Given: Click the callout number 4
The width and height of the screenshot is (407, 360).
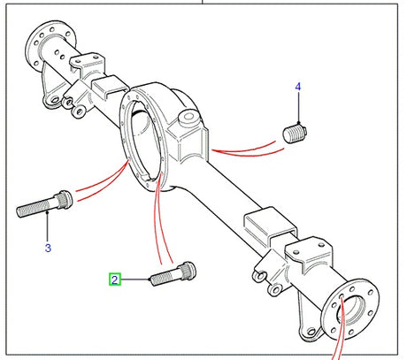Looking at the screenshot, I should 298,87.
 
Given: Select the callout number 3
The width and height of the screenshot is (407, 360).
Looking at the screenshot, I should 48,249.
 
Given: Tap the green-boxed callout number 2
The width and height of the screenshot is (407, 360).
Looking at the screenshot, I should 114,280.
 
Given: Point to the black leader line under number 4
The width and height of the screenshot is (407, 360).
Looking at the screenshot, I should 299,109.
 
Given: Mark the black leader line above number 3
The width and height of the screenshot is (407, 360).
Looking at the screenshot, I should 47,230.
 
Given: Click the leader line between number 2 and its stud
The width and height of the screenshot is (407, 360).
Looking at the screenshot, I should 135,280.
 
